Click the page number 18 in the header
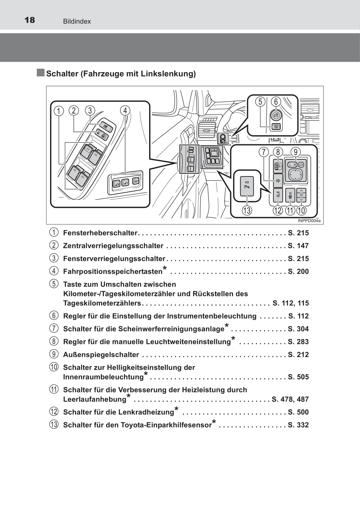[x=30, y=20]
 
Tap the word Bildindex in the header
[x=77, y=21]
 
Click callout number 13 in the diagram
[x=247, y=210]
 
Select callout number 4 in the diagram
[x=125, y=111]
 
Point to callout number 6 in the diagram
[x=276, y=102]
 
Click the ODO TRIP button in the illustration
[x=276, y=127]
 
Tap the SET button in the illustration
[x=136, y=181]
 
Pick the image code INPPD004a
[x=309, y=221]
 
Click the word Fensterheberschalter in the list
[x=100, y=233]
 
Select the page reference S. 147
[x=298, y=246]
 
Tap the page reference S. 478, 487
[x=290, y=399]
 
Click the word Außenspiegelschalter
[x=101, y=354]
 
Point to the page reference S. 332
[x=298, y=425]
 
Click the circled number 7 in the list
[x=54, y=328]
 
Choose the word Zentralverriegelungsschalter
[x=113, y=246]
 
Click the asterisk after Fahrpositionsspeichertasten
[x=165, y=268]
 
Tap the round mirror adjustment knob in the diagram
[x=295, y=174]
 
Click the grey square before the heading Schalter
[x=40, y=72]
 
